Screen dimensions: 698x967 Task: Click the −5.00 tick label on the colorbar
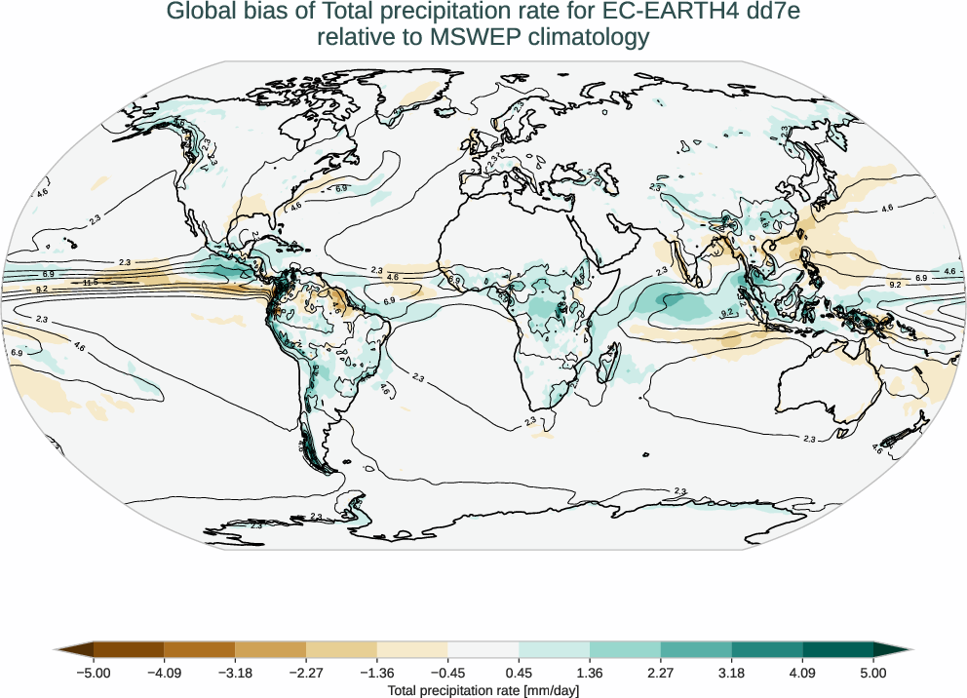[94, 673]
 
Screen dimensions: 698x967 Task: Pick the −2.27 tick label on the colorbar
[306, 673]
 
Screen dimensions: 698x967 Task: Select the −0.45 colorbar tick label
[447, 673]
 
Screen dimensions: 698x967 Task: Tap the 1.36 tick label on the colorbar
[590, 673]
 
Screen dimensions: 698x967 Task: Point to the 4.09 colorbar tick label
[802, 673]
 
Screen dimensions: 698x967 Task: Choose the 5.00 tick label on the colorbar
[873, 673]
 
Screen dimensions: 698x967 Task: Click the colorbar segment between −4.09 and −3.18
[200, 649]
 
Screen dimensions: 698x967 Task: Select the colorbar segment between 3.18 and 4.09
[767, 649]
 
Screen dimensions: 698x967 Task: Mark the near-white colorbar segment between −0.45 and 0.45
[483, 649]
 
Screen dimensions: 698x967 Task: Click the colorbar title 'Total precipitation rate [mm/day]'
[483, 690]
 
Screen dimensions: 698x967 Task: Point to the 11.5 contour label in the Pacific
[90, 283]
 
